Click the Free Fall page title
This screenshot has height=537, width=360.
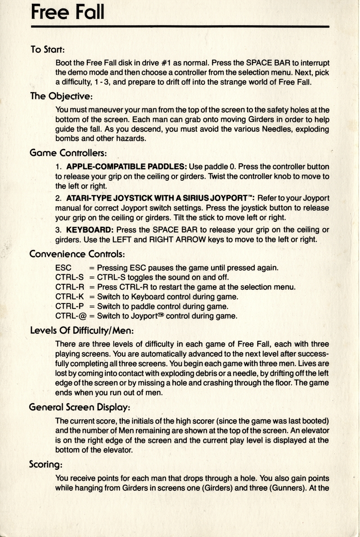tap(67, 12)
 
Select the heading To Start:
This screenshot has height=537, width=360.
tap(48, 49)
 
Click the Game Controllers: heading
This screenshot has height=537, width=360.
tap(67, 153)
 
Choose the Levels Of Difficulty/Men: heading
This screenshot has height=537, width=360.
tap(81, 331)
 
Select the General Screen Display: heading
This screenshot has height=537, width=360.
tap(80, 407)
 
